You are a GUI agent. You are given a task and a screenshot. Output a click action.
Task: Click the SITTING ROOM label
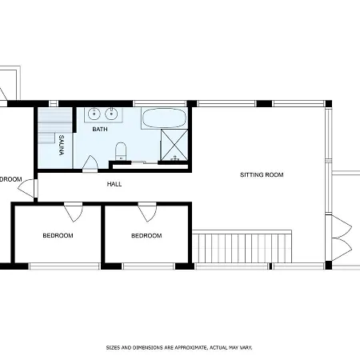[262, 174]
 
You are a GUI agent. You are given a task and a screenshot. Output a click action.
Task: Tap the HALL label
[114, 185]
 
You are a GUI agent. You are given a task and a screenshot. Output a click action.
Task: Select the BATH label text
[100, 129]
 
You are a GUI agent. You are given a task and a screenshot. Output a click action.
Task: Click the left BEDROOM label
[58, 236]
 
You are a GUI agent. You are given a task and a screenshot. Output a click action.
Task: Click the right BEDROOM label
[146, 236]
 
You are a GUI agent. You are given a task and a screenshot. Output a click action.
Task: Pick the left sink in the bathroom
[94, 113]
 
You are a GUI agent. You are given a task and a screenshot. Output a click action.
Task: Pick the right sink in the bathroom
[111, 113]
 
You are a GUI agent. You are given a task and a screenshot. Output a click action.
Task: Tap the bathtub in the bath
[164, 118]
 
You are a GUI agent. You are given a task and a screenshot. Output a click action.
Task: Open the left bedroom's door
[73, 213]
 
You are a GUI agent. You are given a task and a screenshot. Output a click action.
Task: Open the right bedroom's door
[146, 213]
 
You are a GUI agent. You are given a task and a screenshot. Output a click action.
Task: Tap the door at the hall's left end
[34, 190]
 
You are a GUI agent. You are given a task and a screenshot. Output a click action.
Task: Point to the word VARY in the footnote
[244, 348]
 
